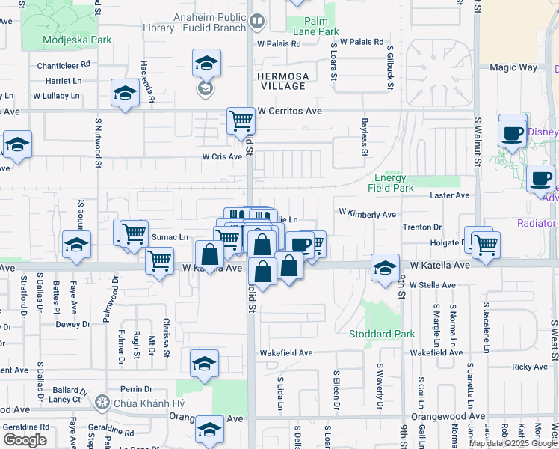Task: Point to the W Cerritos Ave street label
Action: pos(289,111)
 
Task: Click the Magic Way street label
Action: pos(513,67)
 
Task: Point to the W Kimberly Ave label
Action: pos(367,214)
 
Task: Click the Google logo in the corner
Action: pos(24,440)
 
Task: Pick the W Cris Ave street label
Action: pos(223,157)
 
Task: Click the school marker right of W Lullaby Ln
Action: pos(125,94)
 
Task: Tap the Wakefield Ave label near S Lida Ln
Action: pos(286,352)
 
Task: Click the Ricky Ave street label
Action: pos(530,367)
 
